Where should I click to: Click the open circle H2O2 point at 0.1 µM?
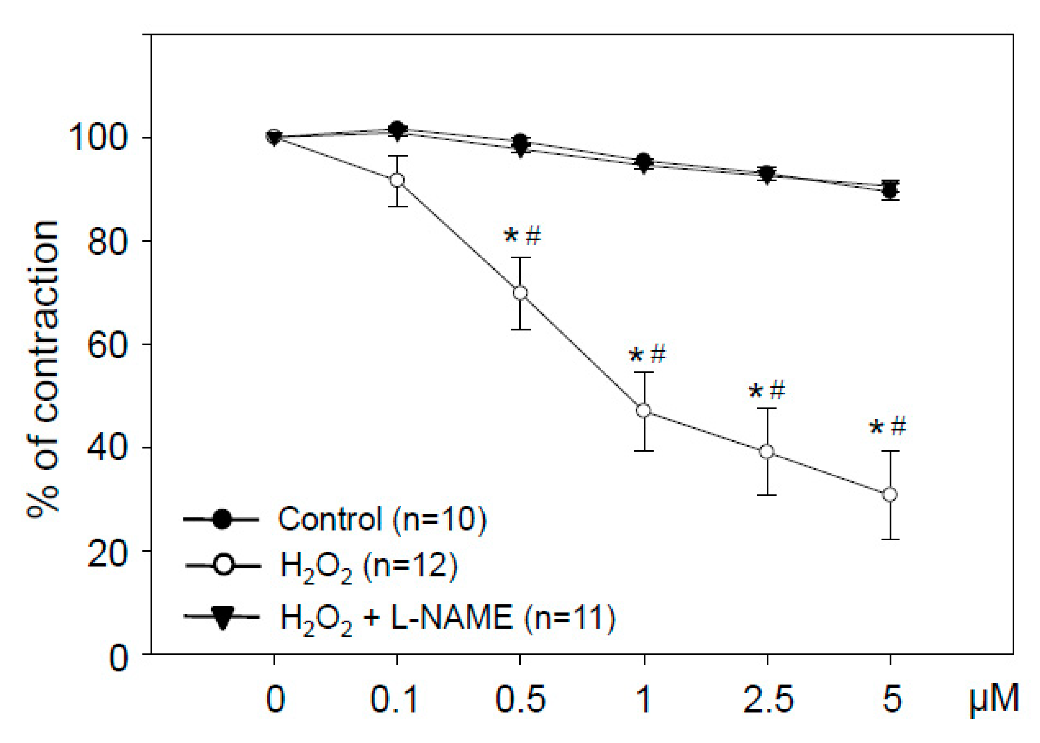(397, 180)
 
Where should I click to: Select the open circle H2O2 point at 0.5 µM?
(520, 293)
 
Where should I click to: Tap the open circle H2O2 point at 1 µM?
(643, 410)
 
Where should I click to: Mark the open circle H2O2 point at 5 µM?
(890, 494)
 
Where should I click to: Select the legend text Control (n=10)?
(382, 519)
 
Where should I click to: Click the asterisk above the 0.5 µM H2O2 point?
(511, 236)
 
